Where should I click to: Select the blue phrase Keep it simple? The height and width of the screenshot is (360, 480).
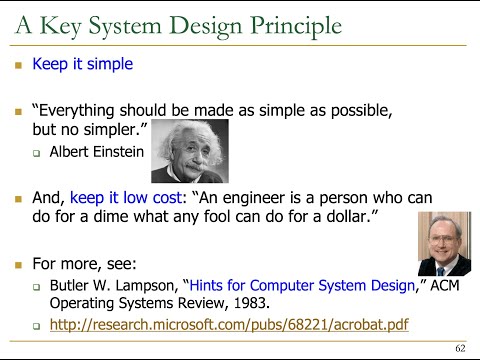[x=82, y=65]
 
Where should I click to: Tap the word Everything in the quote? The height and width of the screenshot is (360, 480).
[x=83, y=109]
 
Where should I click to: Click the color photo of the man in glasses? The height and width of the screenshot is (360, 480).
[x=443, y=243]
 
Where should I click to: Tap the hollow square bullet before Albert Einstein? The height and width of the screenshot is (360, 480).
[x=36, y=153]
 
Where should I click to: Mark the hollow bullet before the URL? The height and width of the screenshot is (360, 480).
[x=36, y=326]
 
